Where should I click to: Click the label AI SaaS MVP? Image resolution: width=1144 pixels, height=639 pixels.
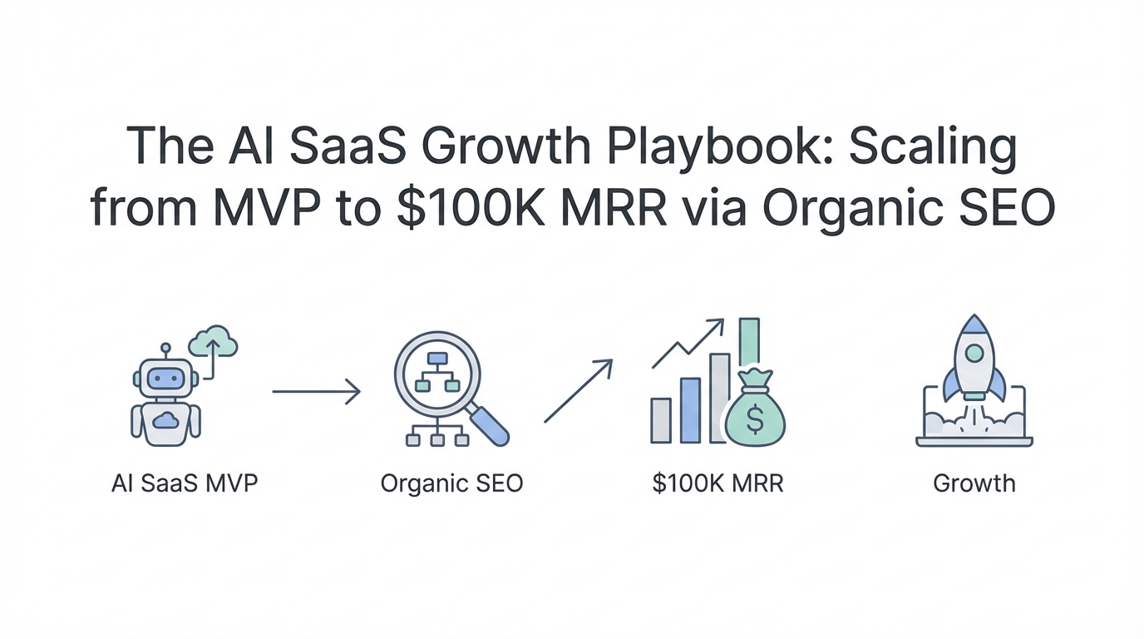185,483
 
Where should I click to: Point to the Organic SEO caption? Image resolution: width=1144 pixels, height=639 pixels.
452,484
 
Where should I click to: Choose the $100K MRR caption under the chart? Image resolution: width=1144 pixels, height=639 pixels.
717,483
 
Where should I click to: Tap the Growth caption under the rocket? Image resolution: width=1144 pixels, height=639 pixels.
974,483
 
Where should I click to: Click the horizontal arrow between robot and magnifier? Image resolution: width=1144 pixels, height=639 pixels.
317,392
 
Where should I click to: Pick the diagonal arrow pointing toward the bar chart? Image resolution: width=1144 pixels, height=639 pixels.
578,391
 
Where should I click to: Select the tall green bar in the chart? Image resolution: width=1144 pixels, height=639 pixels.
750,343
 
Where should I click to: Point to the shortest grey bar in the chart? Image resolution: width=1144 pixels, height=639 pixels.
661,420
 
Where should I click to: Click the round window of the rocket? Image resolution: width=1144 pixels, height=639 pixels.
974,353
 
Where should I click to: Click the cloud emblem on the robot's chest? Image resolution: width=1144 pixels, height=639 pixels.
165,420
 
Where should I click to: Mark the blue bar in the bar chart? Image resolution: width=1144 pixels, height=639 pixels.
691,410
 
